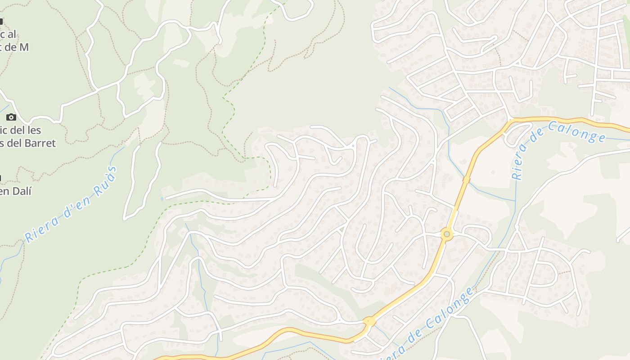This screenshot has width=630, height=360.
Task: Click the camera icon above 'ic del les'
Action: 11,117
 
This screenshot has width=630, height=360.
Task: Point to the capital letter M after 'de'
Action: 24,46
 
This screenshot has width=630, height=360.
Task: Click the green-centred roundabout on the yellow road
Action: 446,234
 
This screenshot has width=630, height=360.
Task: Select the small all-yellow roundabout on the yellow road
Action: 369,321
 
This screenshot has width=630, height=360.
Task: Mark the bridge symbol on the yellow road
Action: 466,180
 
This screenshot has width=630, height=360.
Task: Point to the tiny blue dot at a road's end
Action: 162,198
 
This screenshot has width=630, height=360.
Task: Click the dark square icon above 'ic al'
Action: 1,21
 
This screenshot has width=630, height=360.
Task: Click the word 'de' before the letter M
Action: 10,46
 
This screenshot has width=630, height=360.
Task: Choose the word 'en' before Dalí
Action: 5,191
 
